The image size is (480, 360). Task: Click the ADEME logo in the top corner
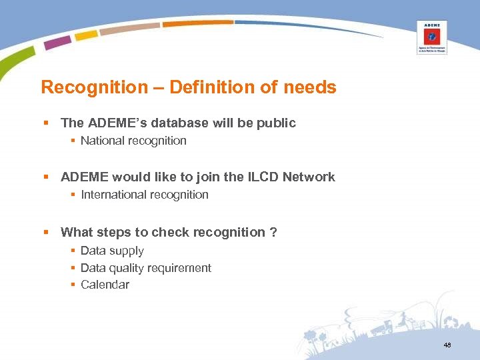432,37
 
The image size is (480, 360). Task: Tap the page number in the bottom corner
447,345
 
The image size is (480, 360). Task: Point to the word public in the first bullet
276,123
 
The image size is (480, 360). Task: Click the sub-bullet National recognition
133,141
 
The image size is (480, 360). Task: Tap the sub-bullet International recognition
144,195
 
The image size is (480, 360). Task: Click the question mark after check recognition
273,233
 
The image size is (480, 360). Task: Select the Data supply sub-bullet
112,251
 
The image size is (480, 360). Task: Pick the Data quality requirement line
145,268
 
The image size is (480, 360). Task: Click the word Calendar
105,285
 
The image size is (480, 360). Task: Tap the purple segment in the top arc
57,43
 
